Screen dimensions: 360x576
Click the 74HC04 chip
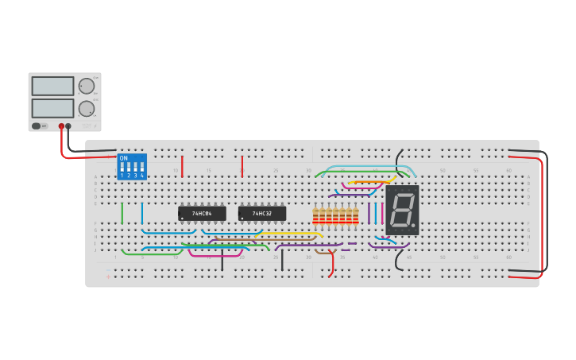coord(202,214)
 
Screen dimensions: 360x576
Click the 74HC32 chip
coord(262,214)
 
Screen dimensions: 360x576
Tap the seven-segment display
coord(402,210)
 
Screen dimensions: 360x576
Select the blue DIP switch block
coord(132,166)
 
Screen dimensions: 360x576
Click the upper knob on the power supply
coord(87,86)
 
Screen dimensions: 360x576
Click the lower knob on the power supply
coord(87,109)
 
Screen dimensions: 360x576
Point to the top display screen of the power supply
coord(52,86)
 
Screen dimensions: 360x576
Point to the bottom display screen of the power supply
coord(52,108)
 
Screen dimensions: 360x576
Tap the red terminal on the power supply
coord(61,126)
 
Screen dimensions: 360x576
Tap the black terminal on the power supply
coord(68,126)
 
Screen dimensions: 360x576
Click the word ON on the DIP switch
coord(123,158)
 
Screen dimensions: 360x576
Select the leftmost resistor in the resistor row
coord(315,215)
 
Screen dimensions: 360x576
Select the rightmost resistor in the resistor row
coord(355,215)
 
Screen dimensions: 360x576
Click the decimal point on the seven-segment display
coord(413,226)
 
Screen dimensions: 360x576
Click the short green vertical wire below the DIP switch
coord(122,214)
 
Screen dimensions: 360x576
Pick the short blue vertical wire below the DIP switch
coord(142,214)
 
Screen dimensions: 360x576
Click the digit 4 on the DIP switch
coord(142,175)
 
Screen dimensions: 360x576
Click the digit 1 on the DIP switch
coord(122,175)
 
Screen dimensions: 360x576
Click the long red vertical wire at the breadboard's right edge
coord(545,215)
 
